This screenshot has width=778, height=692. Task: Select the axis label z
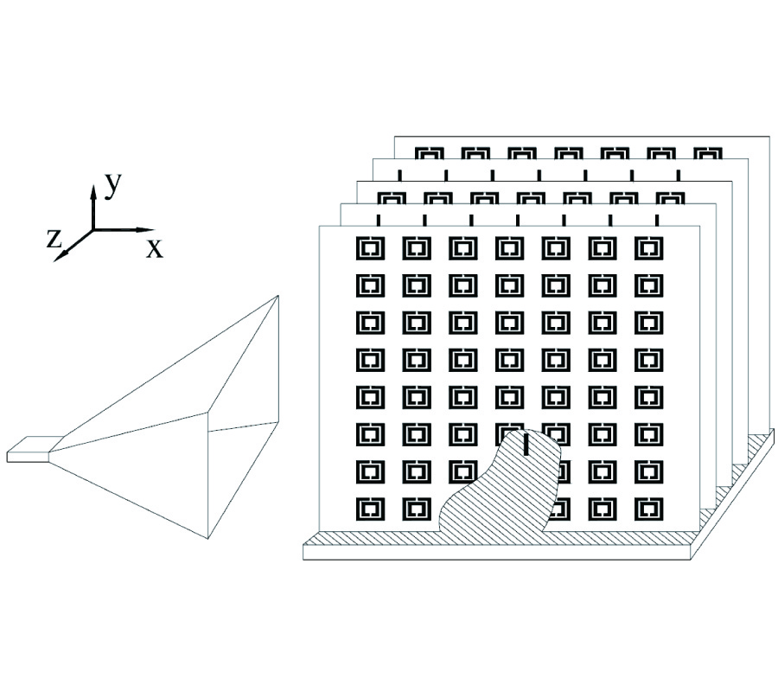tap(54, 240)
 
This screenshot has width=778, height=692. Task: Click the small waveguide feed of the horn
tap(30, 449)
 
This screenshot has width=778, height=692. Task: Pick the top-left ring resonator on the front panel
tap(370, 248)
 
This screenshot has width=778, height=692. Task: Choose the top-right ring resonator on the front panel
tap(647, 248)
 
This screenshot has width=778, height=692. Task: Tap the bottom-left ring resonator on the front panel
tap(370, 509)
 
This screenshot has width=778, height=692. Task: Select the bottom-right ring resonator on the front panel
tap(647, 509)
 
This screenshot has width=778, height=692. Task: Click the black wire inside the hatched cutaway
tap(526, 445)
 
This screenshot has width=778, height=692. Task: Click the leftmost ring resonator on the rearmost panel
tap(429, 155)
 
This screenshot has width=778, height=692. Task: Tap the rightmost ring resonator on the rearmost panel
tap(706, 155)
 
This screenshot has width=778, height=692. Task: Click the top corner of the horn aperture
tap(278, 297)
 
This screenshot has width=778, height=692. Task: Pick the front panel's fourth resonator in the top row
tap(509, 248)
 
